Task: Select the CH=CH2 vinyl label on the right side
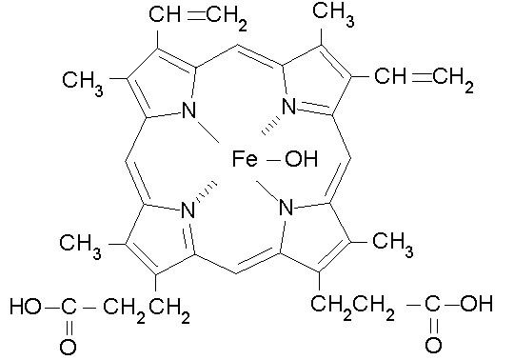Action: click(423, 75)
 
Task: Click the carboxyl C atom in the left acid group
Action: click(68, 307)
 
